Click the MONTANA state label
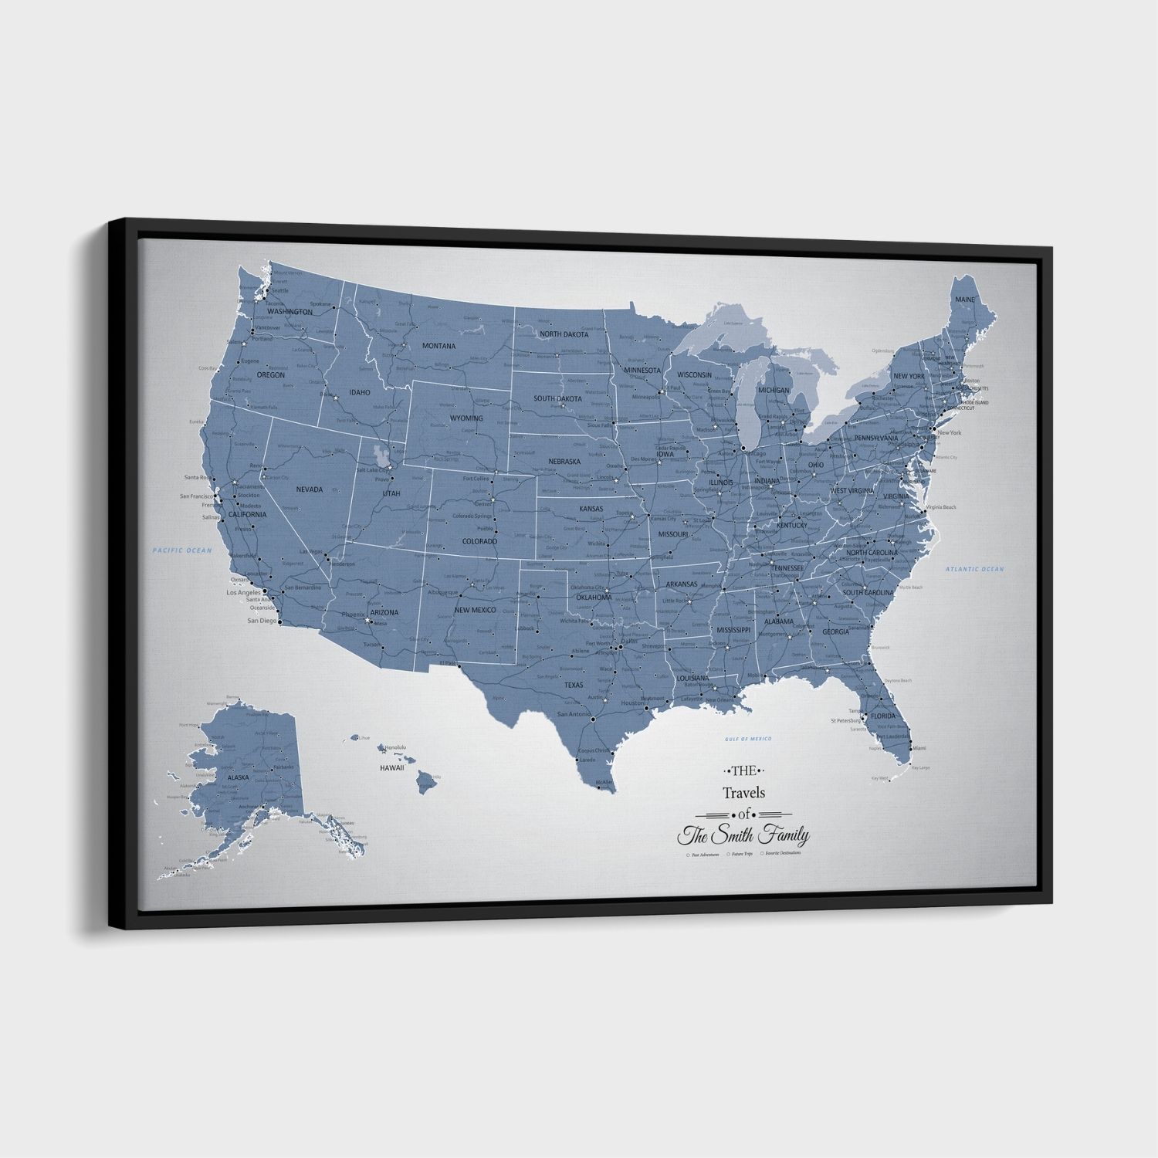(438, 346)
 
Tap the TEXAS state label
(574, 684)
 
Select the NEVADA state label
(309, 489)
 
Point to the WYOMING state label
(466, 418)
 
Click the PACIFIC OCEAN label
(181, 550)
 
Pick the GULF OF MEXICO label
(748, 739)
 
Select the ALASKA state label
(238, 777)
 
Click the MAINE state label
(965, 299)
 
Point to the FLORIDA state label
(882, 716)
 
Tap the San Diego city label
(262, 620)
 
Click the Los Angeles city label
(243, 592)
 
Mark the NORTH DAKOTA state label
(564, 334)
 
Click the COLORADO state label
(479, 541)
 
